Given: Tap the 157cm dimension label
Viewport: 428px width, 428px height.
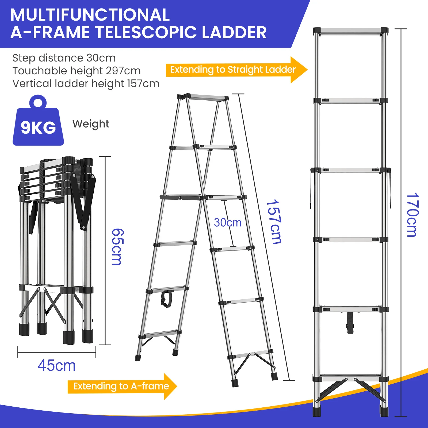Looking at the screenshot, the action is pos(274,222).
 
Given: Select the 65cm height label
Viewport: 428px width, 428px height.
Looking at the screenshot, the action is pos(117,247).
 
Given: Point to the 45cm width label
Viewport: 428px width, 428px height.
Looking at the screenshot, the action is pos(57,365).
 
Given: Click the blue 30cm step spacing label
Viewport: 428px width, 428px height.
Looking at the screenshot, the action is pos(228,223).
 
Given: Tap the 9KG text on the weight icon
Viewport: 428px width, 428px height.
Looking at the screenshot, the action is pos(39,128).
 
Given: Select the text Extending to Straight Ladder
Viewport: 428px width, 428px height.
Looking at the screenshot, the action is pos(233,70).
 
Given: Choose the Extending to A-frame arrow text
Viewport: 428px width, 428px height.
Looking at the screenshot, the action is pos(121,386).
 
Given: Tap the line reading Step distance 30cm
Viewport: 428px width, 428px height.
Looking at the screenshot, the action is pos(64,58).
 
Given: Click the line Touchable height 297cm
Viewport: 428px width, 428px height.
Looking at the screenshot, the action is pos(77,71).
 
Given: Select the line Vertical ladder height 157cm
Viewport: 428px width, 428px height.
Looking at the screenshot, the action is pos(86,84).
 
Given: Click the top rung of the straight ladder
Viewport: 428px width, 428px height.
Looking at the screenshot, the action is pos(350,31).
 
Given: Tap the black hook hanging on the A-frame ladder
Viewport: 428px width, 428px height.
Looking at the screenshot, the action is pos(166,299).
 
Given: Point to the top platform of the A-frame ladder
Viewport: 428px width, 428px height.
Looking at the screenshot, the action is pos(206,97).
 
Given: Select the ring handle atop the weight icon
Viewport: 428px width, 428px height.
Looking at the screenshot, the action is pos(38,102).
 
